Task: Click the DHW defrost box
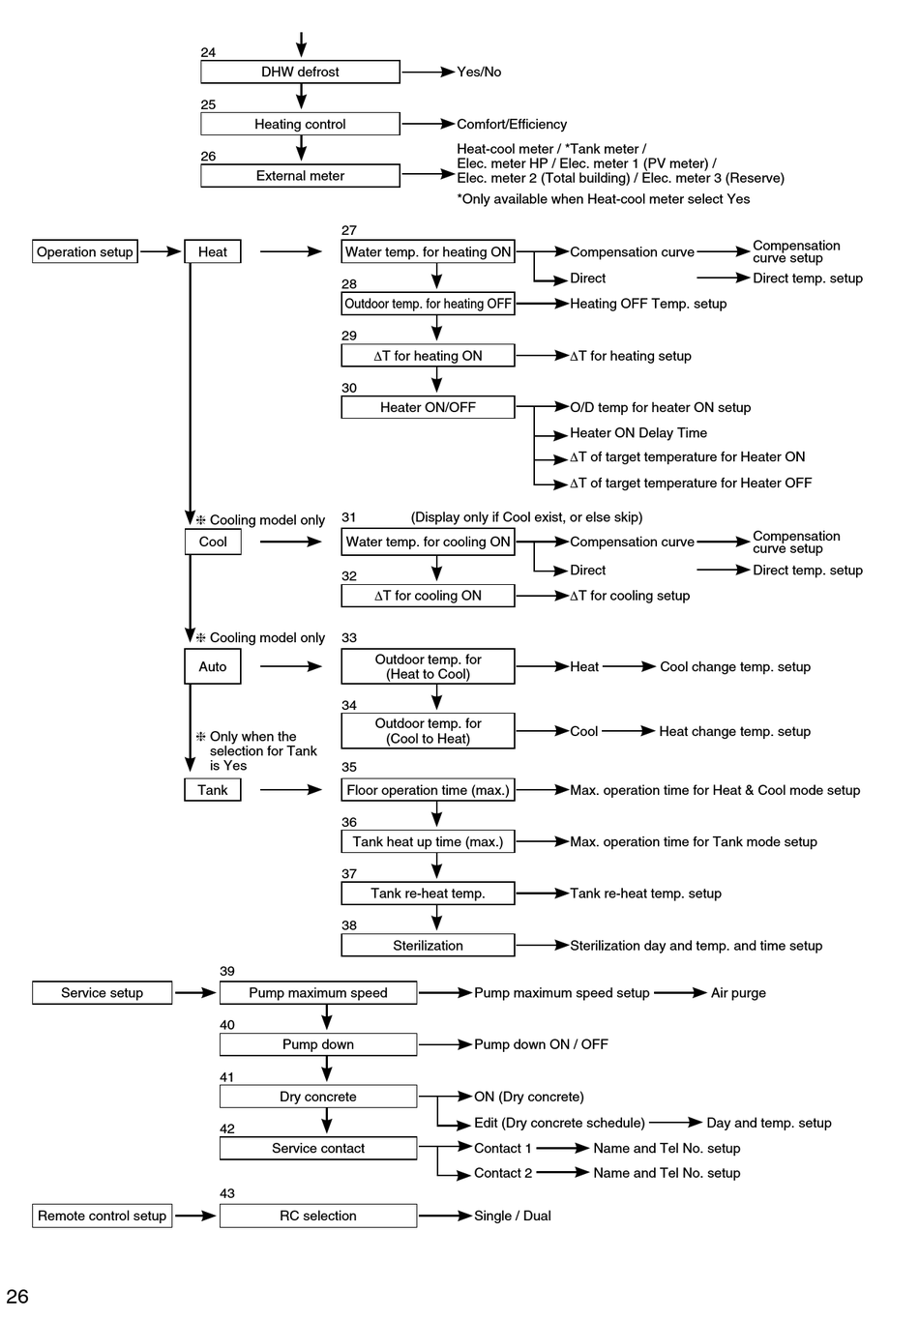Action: pos(300,72)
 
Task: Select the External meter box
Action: pos(300,175)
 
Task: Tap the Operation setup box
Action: pos(85,251)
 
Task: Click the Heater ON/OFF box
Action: pos(428,407)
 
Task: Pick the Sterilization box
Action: pos(428,945)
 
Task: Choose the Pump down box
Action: pos(318,1044)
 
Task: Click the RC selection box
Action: pos(318,1216)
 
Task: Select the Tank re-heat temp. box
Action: pos(428,894)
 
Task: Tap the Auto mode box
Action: pos(213,666)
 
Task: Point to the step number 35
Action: pos(349,767)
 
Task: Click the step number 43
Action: pos(226,1193)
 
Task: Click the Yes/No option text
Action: pos(479,72)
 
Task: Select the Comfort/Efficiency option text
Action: pos(512,124)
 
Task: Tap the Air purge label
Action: pos(738,993)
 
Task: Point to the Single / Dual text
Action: pos(513,1216)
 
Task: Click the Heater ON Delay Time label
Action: pos(638,433)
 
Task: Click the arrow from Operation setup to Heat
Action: pos(161,251)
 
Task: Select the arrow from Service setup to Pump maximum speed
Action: pos(195,993)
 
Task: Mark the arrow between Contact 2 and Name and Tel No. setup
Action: pos(563,1172)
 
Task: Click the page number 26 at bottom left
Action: pos(17,1296)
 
